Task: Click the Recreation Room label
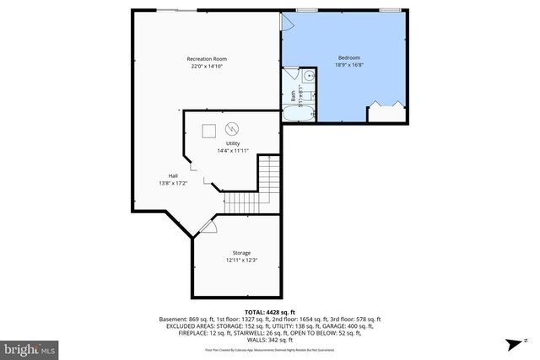coord(207,58)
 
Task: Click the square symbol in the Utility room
coord(208,130)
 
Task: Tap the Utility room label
coord(221,143)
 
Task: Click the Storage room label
coord(241,253)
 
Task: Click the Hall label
coord(172,175)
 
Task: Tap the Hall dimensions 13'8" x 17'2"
coord(172,183)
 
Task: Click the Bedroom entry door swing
coord(287,23)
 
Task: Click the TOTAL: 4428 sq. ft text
coord(269,311)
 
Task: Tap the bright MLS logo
coord(30,347)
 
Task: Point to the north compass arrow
coord(512,344)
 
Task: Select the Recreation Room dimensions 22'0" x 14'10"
coord(207,67)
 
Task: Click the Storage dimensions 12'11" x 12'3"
coord(241,261)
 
